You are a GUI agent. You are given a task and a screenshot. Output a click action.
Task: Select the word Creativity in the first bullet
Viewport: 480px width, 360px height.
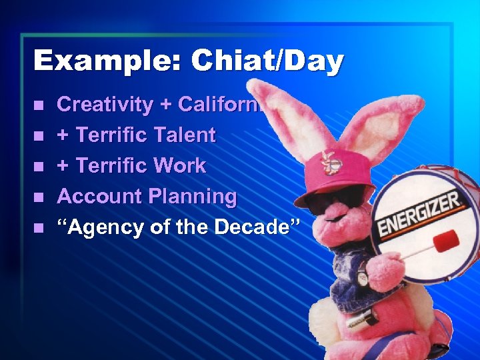click(105, 105)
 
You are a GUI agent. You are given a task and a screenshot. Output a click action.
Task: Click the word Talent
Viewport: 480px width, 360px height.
click(183, 135)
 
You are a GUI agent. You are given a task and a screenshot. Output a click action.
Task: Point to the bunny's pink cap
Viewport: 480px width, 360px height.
click(327, 177)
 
